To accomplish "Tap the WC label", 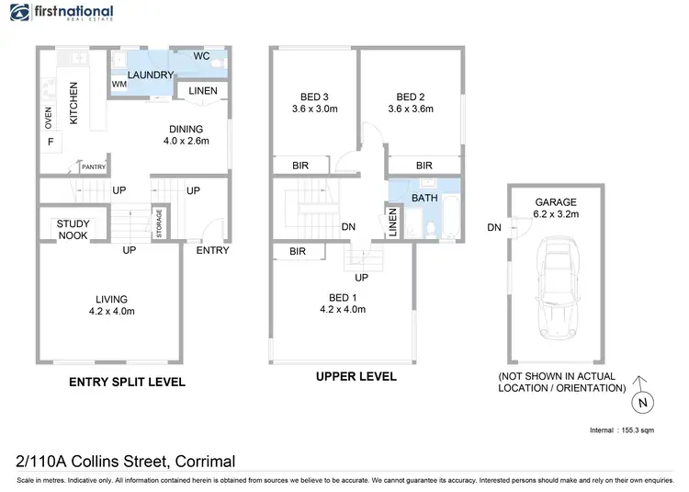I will tap(202, 56).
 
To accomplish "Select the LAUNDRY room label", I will tap(151, 74).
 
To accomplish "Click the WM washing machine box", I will tap(119, 85).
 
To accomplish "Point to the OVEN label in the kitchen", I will tap(49, 119).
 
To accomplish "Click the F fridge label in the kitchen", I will tap(50, 143).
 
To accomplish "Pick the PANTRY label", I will tap(94, 166).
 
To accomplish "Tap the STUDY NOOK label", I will tap(73, 229).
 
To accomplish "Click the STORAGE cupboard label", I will tap(159, 224).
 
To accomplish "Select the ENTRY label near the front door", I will tap(212, 250).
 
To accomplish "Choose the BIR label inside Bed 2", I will tap(424, 166).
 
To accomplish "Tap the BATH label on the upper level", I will tap(424, 197).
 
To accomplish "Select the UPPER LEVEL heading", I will tap(356, 376).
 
